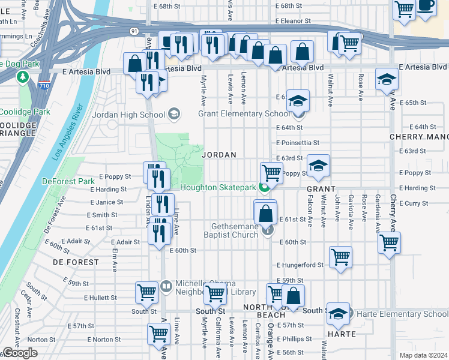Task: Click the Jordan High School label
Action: click(128, 115)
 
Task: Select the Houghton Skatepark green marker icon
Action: click(265, 188)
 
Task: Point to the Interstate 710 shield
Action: click(44, 85)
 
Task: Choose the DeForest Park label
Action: click(68, 181)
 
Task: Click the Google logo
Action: click(20, 353)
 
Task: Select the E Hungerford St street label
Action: click(300, 265)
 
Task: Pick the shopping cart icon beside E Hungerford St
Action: click(340, 257)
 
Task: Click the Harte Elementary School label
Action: click(402, 314)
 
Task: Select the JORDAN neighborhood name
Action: click(219, 155)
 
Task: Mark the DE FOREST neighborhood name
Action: click(75, 262)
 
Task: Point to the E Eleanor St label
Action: click(296, 20)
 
